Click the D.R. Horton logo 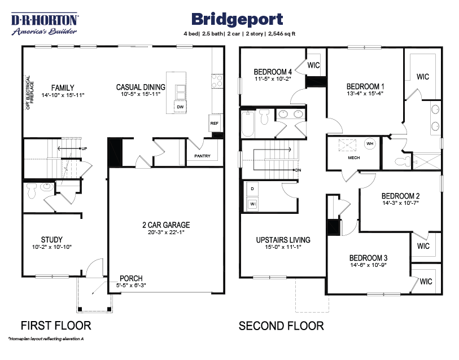click(46, 24)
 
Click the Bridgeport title click(237, 19)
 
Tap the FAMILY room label click(63, 87)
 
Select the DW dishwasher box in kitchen click(180, 107)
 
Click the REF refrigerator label click(215, 123)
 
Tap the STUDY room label click(51, 239)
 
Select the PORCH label click(131, 278)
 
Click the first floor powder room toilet click(32, 192)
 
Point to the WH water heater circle click(370, 143)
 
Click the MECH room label click(353, 158)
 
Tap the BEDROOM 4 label click(273, 72)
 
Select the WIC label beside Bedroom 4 click(313, 65)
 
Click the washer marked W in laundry click(252, 203)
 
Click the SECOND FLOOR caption click(281, 326)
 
